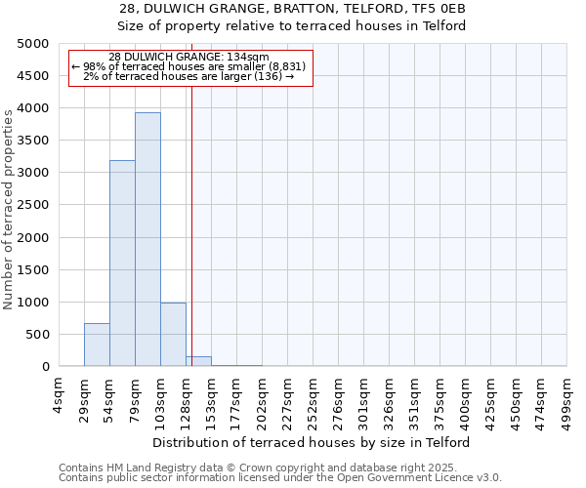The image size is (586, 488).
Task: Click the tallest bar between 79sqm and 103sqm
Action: coord(147,239)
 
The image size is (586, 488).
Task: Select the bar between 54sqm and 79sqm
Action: coord(122,264)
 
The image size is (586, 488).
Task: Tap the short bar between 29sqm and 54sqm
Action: coord(97,345)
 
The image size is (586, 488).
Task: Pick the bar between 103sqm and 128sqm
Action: coord(173,335)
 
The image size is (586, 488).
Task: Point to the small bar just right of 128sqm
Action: coord(198,361)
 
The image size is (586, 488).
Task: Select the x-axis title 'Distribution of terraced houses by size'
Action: coord(312,442)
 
